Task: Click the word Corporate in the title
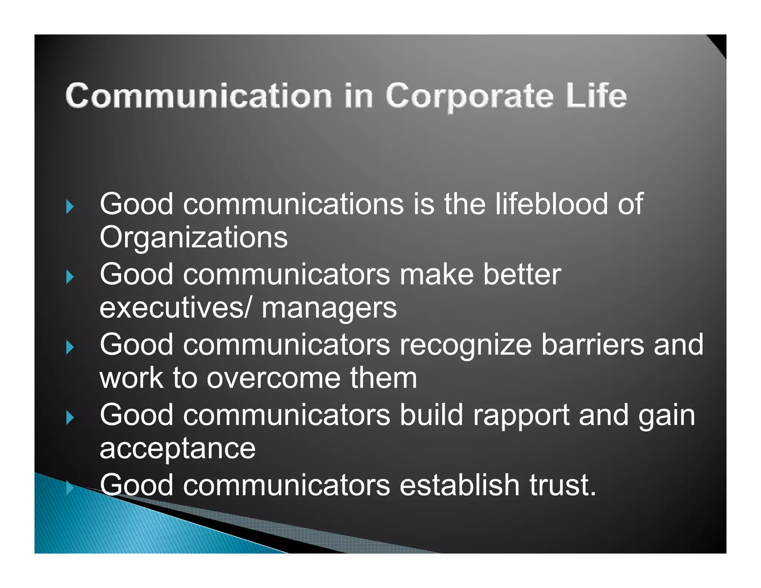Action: [470, 97]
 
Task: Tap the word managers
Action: [329, 308]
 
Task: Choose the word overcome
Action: [273, 378]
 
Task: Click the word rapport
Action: [521, 416]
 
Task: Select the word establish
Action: [460, 485]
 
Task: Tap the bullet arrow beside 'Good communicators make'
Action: [70, 277]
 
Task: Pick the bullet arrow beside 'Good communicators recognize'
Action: [70, 347]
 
